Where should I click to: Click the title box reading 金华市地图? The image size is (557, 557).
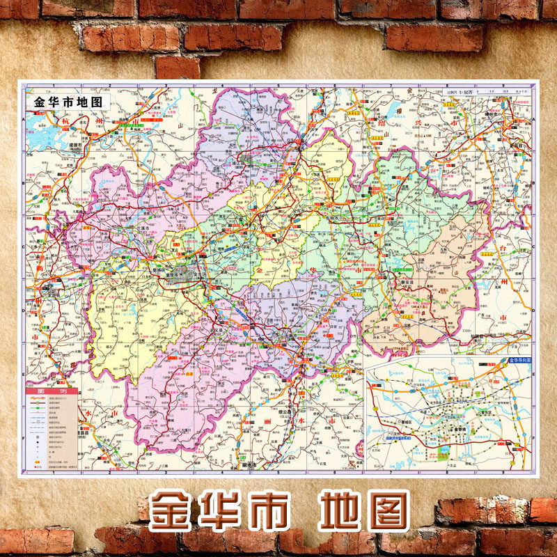[x=68, y=101]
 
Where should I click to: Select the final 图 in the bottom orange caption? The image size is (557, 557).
[x=384, y=512]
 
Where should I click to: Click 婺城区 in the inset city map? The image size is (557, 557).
[x=405, y=421]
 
